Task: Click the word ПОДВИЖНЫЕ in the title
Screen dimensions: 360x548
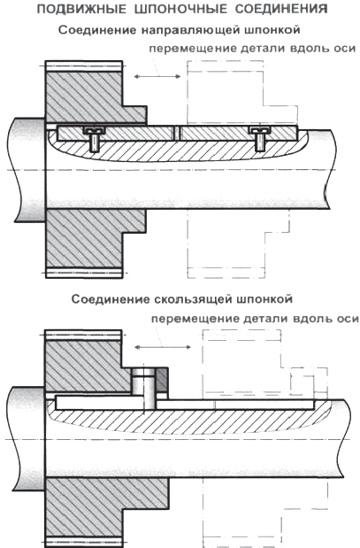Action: point(81,10)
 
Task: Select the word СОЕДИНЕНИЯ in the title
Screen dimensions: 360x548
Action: point(281,10)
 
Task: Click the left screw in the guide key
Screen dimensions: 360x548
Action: point(94,139)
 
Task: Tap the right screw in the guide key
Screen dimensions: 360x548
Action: point(259,139)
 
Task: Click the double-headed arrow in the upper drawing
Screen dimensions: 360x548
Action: point(157,76)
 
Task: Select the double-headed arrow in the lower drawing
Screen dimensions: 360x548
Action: point(163,347)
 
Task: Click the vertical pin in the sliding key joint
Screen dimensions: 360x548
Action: point(144,389)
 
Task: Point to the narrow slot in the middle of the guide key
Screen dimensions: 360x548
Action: point(178,133)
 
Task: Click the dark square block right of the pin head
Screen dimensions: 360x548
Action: point(161,380)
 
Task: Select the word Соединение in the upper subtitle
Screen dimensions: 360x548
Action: point(97,30)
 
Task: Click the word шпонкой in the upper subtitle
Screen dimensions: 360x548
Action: point(272,30)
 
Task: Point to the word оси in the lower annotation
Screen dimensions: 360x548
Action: point(347,319)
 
